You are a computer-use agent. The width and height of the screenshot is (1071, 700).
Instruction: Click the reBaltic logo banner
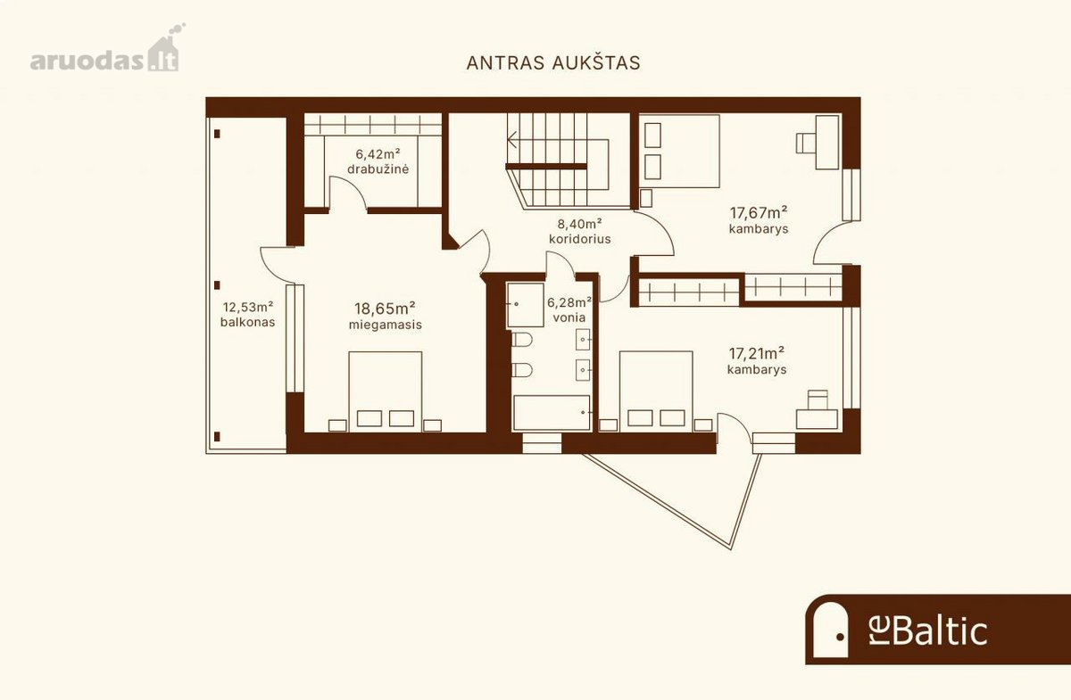click(x=938, y=630)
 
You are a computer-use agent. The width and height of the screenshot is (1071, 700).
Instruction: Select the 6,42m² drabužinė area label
click(x=378, y=161)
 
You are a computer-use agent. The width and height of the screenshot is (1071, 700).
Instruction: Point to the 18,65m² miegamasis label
click(x=385, y=316)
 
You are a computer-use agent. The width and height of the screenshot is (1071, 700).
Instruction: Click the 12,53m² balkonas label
click(x=248, y=315)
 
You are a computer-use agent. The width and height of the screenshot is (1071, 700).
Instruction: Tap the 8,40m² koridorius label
click(x=579, y=231)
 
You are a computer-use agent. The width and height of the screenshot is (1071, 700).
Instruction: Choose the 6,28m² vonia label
click(x=569, y=309)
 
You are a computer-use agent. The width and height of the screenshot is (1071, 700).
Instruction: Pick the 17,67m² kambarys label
click(x=759, y=219)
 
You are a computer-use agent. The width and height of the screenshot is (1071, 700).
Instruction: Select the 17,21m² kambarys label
click(x=757, y=361)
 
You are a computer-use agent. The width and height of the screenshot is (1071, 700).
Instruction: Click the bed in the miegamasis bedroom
click(x=386, y=391)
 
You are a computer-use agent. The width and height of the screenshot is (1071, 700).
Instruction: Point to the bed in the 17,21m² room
click(x=656, y=391)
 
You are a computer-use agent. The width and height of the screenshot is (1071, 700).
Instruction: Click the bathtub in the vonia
click(x=552, y=413)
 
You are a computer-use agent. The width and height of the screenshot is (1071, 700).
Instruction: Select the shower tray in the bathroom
click(x=525, y=305)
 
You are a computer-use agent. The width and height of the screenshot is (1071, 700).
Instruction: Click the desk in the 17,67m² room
click(x=827, y=142)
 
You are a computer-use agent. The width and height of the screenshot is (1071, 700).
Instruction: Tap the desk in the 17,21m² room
click(x=817, y=419)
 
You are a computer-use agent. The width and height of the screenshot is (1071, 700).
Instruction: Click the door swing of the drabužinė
click(x=348, y=191)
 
